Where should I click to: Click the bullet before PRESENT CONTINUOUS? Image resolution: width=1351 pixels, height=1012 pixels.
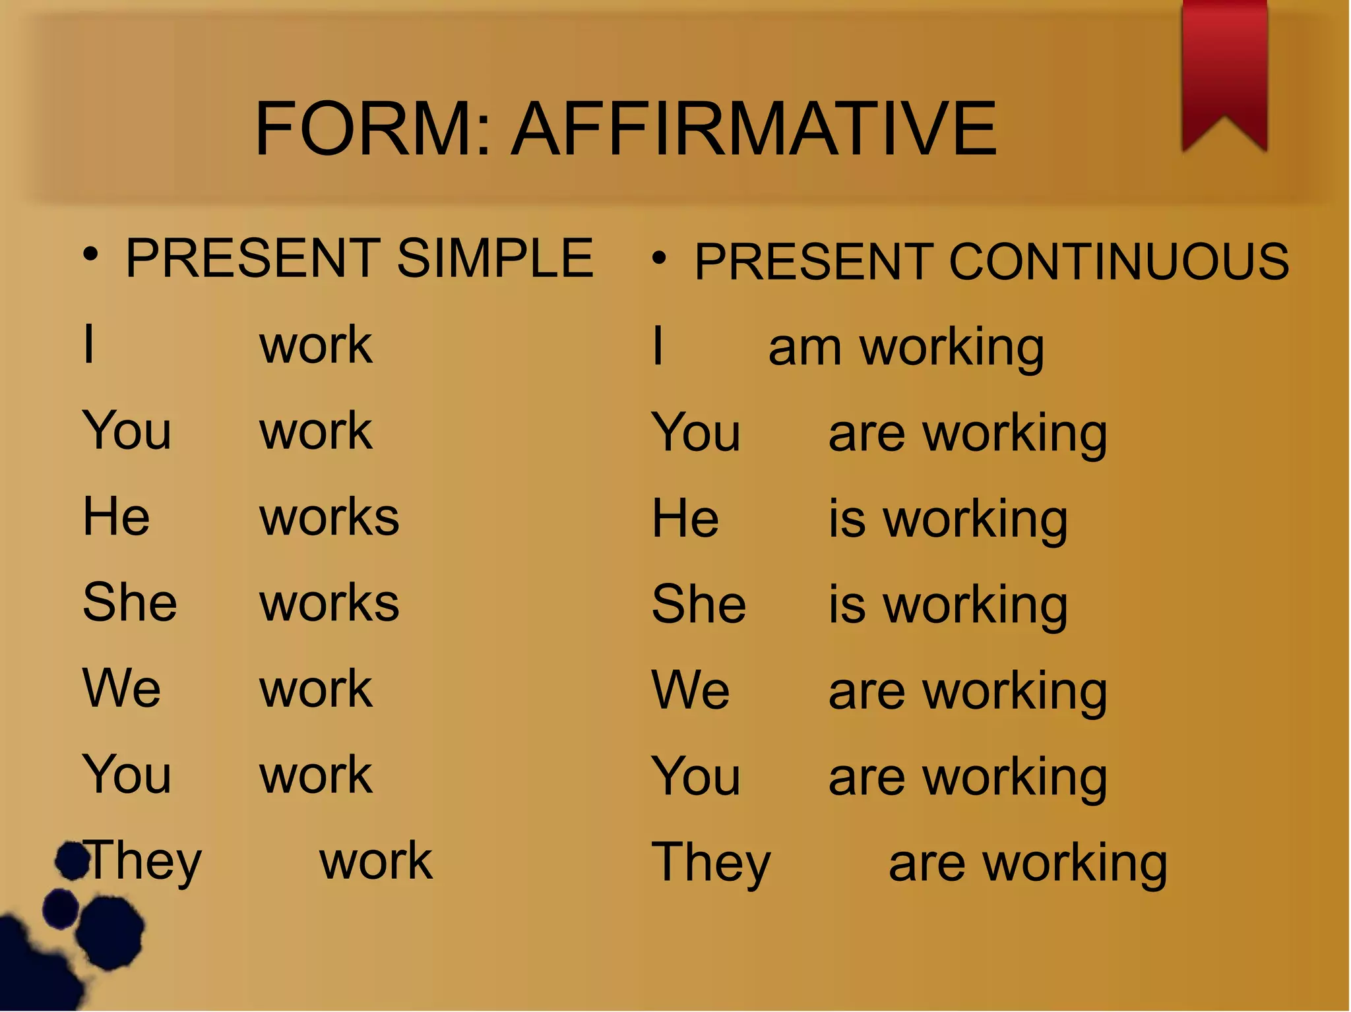click(x=659, y=258)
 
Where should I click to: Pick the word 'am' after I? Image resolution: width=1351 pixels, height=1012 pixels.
click(x=805, y=348)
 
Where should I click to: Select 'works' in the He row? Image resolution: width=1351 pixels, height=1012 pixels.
click(x=329, y=518)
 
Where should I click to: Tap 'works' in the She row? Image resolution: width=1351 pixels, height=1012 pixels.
click(x=329, y=603)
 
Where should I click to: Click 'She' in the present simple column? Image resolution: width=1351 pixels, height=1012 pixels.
click(x=130, y=603)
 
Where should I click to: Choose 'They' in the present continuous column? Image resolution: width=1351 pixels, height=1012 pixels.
click(x=711, y=864)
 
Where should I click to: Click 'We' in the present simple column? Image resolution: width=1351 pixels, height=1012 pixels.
click(x=121, y=689)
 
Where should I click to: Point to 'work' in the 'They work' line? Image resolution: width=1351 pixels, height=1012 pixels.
click(x=376, y=861)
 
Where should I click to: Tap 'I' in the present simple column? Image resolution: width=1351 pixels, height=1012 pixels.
click(x=89, y=344)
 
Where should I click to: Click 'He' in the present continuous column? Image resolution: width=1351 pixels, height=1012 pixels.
click(x=685, y=519)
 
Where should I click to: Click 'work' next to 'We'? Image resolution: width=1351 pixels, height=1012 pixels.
click(x=316, y=690)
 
